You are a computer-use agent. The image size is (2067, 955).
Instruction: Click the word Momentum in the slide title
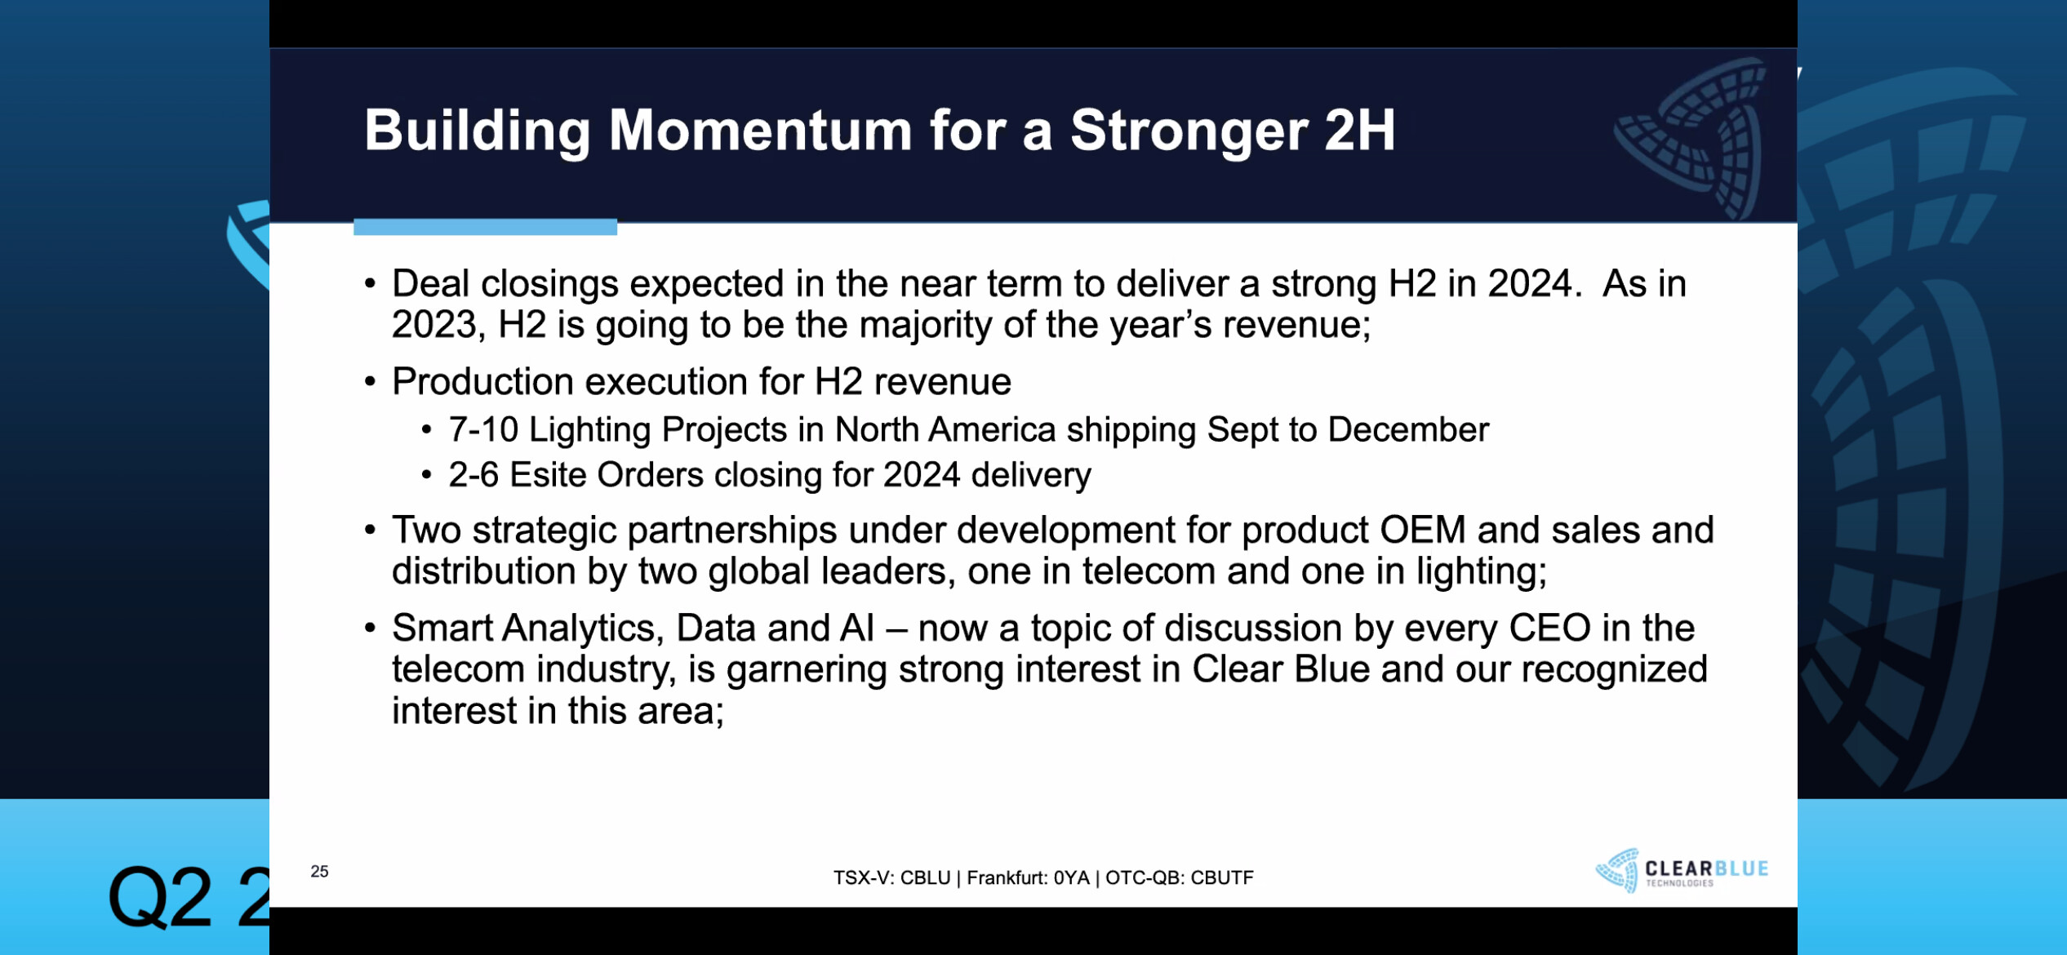point(760,131)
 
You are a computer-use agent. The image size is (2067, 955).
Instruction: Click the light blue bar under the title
point(485,227)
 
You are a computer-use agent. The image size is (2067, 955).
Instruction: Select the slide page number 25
point(319,871)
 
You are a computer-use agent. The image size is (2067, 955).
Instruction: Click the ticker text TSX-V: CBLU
point(891,877)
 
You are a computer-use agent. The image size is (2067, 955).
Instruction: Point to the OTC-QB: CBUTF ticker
point(1179,877)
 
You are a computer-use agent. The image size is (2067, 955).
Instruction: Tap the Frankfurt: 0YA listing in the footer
point(1028,877)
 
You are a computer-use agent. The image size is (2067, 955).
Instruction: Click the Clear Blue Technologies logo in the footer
point(1682,870)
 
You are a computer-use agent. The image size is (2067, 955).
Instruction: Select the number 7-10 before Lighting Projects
point(483,430)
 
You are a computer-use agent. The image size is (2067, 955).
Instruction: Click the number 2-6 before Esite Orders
point(473,475)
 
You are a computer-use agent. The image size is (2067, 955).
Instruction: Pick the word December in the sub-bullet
point(1408,430)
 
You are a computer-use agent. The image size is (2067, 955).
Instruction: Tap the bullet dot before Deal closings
point(370,283)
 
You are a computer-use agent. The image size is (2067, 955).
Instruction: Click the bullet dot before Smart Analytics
point(370,629)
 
